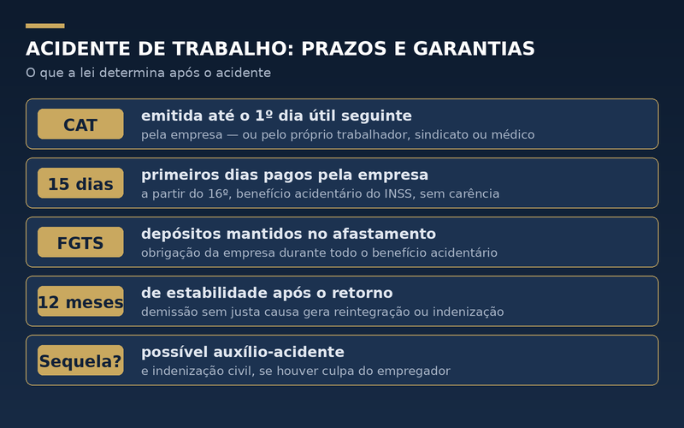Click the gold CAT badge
[x=80, y=124]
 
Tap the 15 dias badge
[x=80, y=183]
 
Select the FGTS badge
[x=80, y=242]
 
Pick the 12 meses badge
[x=80, y=301]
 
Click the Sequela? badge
[x=80, y=360]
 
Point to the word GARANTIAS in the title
[x=474, y=49]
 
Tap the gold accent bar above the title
[x=45, y=26]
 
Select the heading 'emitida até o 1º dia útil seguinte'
[x=276, y=116]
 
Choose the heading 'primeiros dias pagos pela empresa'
[x=285, y=175]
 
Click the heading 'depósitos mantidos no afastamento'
[x=288, y=234]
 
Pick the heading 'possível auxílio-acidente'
[x=243, y=352]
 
